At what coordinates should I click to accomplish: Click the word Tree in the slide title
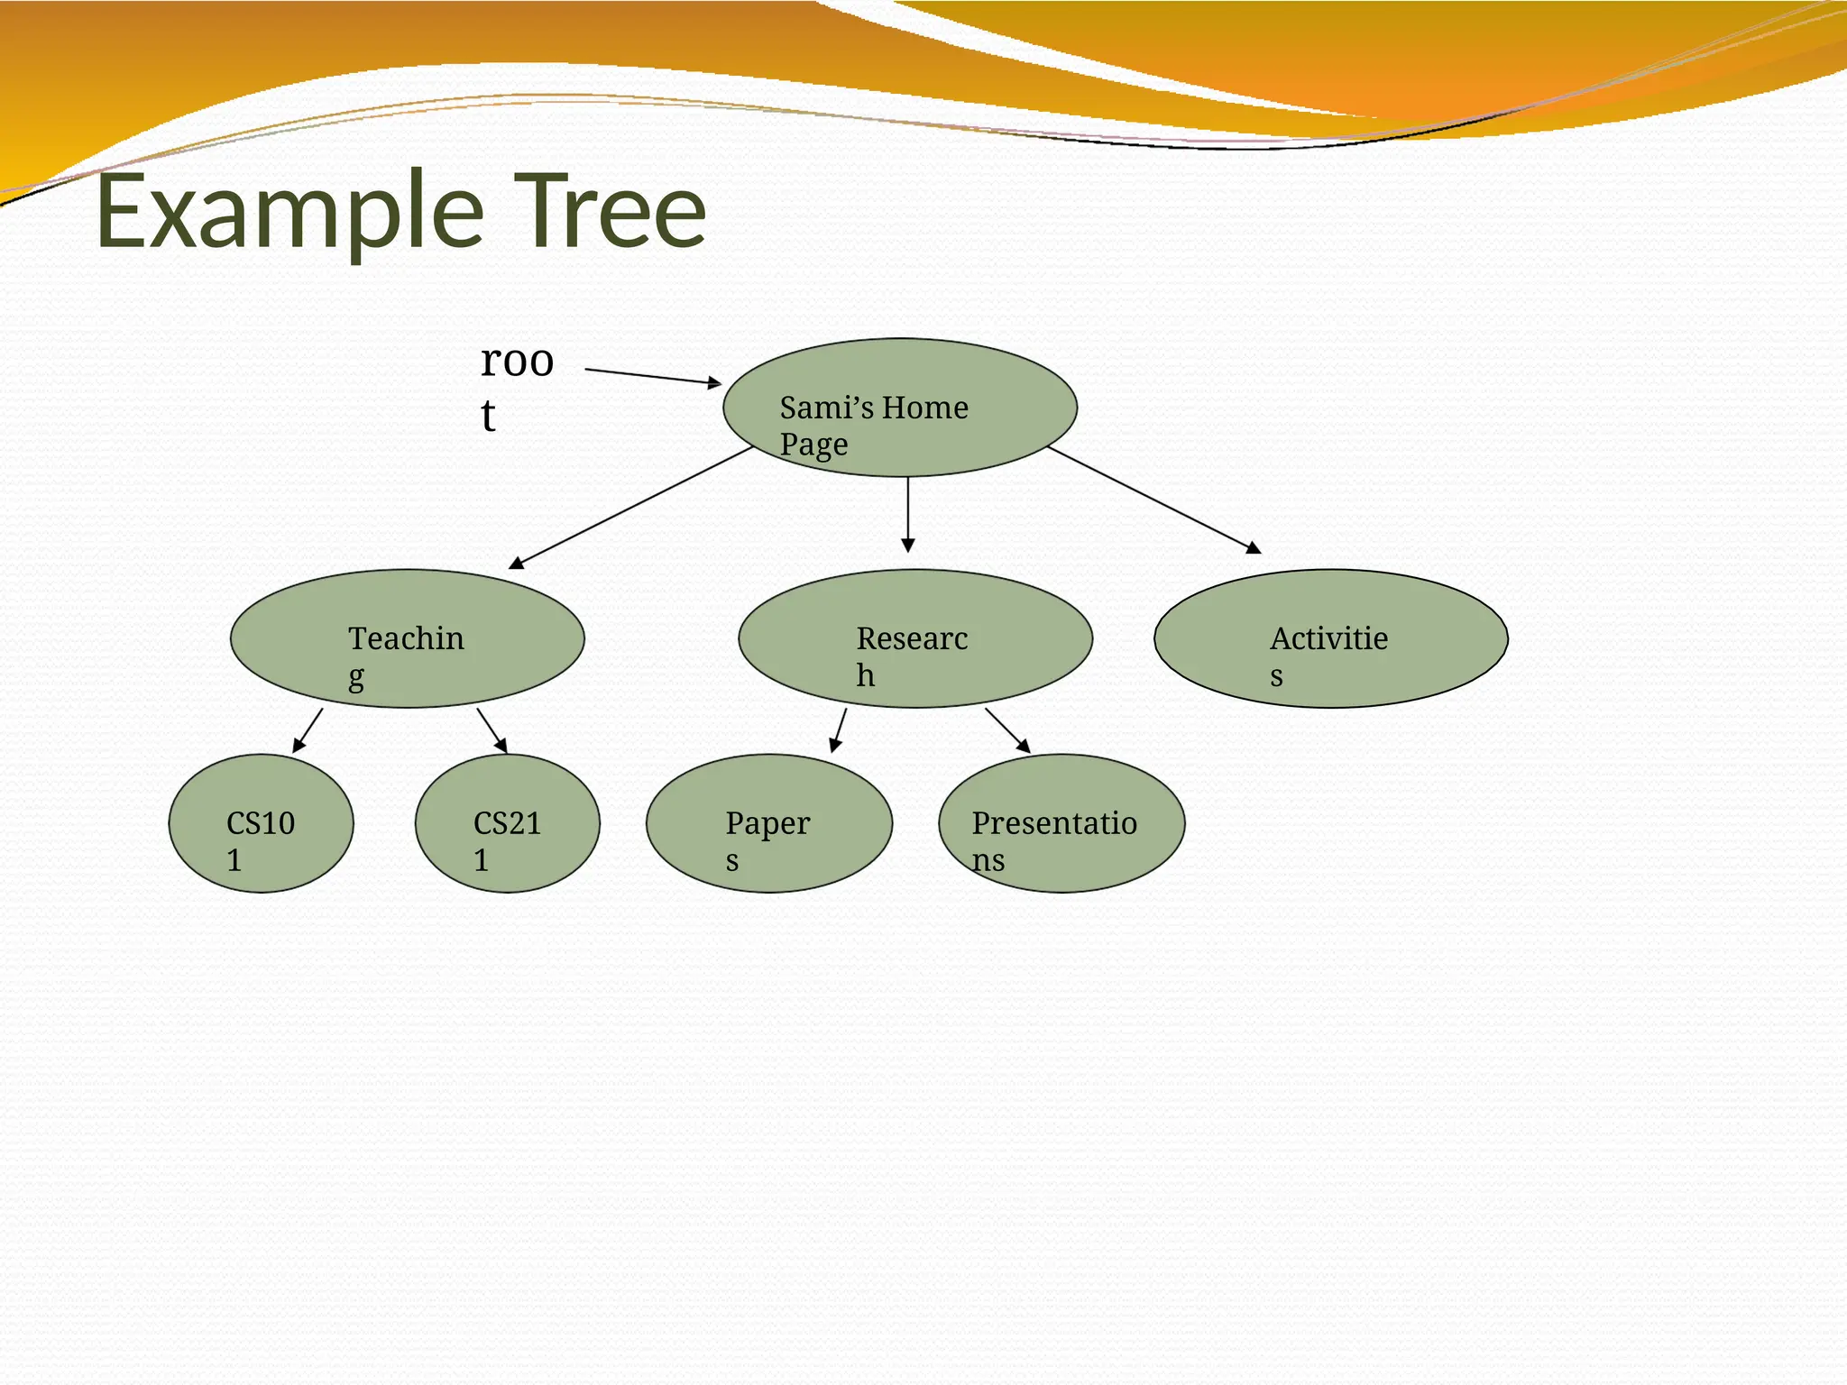coord(614,213)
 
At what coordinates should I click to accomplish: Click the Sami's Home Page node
coord(899,408)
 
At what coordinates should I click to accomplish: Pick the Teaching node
coord(407,638)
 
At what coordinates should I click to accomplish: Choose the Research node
coord(914,638)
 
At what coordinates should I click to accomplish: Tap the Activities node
coord(1330,638)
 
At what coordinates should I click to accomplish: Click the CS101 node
coord(261,823)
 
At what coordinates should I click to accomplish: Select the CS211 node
coord(507,823)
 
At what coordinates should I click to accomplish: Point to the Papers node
coord(768,823)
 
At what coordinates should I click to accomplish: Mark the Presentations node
coord(1061,823)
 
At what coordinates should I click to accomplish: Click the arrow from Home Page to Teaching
coord(631,507)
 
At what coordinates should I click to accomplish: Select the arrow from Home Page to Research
coord(908,514)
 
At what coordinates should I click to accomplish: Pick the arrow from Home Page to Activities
coord(1153,500)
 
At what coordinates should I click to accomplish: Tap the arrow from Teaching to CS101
coord(308,730)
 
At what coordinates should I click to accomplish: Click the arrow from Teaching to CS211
coord(492,730)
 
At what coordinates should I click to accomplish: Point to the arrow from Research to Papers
coord(839,730)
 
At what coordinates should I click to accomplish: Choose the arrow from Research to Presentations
coord(1007,730)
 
